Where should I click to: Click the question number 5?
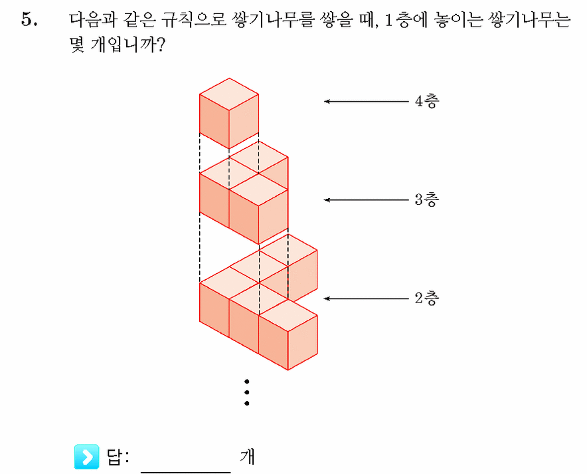tap(29, 19)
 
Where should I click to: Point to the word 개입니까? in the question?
tap(127, 45)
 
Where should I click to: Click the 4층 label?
tap(427, 101)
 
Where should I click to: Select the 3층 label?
tap(427, 199)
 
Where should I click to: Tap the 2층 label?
tap(427, 298)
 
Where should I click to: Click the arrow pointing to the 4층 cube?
tap(366, 101)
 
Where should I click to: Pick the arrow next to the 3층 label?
tap(366, 200)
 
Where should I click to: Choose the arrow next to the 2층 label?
tap(366, 298)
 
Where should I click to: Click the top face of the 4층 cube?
tap(229, 94)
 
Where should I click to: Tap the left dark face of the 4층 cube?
tap(214, 121)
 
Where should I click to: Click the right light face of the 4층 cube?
tap(244, 121)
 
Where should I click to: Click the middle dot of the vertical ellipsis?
tap(247, 392)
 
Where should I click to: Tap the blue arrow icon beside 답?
tap(86, 457)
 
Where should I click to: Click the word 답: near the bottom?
tap(118, 457)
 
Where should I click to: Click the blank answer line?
tap(186, 472)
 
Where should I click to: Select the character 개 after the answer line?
tap(247, 457)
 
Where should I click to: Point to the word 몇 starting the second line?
tap(77, 45)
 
